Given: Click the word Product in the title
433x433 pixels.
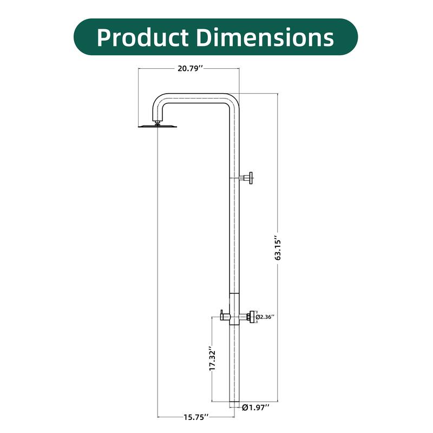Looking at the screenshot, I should tap(142, 37).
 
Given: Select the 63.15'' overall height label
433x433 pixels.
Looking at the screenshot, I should tap(278, 248).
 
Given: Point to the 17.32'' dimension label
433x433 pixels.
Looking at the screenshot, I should tap(214, 358).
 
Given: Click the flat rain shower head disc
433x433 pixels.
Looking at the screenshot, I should tap(157, 127).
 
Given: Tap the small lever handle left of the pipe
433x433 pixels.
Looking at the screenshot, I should tap(223, 314).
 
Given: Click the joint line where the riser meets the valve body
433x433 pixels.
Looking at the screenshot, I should tap(233, 293).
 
